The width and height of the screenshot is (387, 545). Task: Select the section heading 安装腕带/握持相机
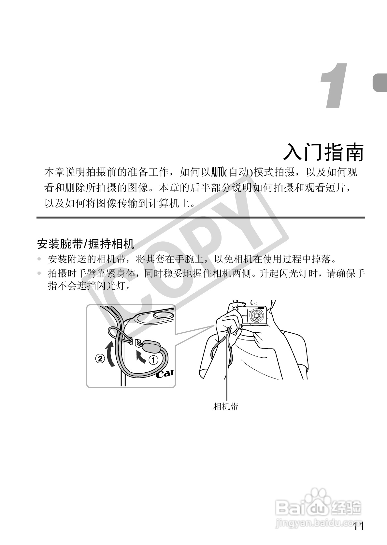86,243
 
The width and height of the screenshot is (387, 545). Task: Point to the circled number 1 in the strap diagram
153,360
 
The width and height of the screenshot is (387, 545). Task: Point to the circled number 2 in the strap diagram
100,359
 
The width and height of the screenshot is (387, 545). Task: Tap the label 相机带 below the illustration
226,406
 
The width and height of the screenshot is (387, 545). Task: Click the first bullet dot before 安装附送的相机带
40,259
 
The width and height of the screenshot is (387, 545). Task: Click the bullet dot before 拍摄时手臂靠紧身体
40,273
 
